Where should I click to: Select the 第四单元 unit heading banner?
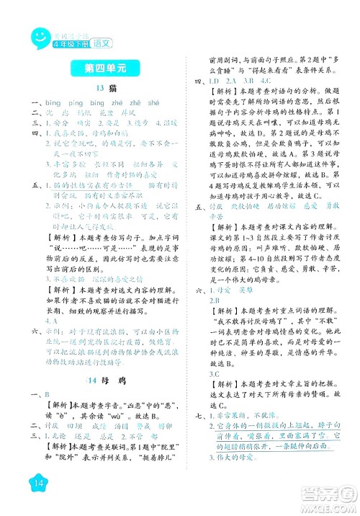100,70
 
